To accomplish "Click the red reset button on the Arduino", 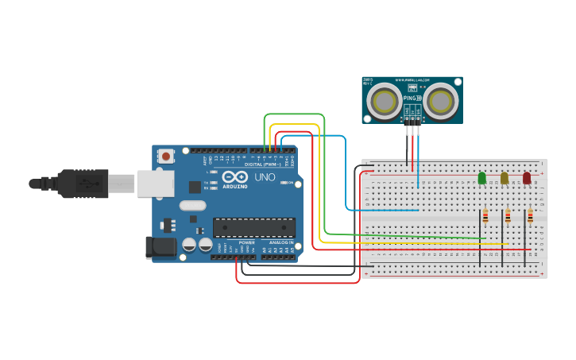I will (165, 157).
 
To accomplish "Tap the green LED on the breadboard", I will (481, 178).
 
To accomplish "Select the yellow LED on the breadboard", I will (504, 178).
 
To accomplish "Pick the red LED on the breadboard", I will (526, 178).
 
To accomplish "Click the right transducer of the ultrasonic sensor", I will (439, 100).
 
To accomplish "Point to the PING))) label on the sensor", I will (413, 98).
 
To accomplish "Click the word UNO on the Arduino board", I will (265, 177).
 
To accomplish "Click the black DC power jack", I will (161, 247).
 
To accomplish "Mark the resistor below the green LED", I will (485, 217).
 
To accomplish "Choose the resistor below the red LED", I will (529, 217).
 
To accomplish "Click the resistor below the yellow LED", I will (507, 217).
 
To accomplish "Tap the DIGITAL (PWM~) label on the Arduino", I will (269, 165).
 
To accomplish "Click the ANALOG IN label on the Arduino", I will (280, 242).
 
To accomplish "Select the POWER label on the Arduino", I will (246, 242).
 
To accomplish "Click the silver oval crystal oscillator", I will (192, 206).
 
